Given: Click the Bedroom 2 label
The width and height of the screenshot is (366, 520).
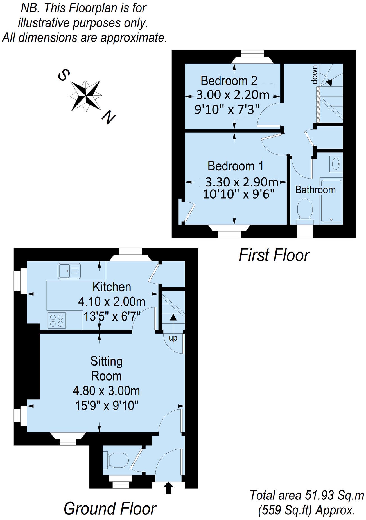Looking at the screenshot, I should tap(229, 81).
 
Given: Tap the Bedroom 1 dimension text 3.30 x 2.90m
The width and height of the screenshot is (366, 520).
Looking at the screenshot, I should tap(242, 182).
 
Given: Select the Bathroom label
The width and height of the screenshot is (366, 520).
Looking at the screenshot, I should tap(315, 190).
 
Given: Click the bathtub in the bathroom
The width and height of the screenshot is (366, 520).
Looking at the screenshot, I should tap(331, 201).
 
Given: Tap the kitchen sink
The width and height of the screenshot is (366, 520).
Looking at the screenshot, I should tap(69, 271).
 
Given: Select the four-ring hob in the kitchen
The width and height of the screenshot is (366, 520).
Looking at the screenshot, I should tap(57, 320).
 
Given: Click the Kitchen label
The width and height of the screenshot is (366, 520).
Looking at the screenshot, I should tap(112, 287).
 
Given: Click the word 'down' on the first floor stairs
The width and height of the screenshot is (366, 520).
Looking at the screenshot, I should tap(315, 75).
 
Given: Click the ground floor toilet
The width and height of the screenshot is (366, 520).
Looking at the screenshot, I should tap(116, 460).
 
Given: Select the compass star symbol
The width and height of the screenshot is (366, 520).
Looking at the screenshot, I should tap(85, 95).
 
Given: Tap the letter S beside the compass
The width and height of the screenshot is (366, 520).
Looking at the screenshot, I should tap(64, 75).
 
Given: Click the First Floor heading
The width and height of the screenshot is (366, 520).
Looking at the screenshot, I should tap(274, 255).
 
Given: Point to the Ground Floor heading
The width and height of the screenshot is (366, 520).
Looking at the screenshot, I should tap(110, 508).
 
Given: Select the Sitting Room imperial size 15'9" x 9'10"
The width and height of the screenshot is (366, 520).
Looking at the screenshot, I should tap(107, 406).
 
